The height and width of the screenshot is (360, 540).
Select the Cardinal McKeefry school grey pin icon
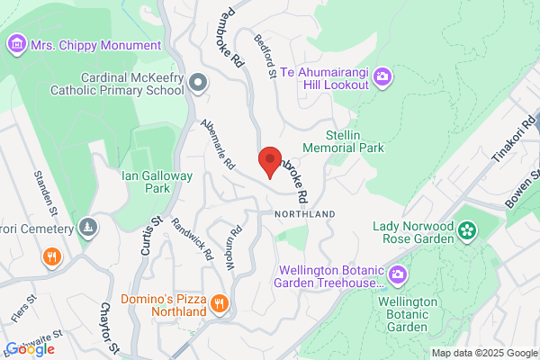(200, 83)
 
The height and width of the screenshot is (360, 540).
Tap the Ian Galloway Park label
(157, 183)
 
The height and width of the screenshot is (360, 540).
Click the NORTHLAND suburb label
(305, 213)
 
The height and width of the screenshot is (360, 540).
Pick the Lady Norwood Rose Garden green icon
(466, 231)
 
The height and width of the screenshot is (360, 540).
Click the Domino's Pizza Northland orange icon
(219, 305)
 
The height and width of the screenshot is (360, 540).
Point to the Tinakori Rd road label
(513, 140)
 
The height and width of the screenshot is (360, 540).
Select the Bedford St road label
(265, 57)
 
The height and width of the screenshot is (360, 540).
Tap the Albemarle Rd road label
(218, 147)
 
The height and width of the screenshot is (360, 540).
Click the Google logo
(30, 349)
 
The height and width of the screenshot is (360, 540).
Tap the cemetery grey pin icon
(87, 227)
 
